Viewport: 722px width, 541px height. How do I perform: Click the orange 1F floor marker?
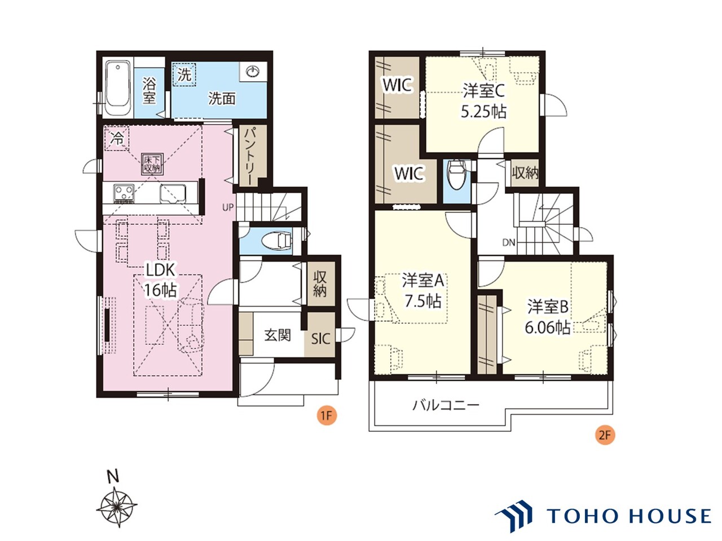coord(327,416)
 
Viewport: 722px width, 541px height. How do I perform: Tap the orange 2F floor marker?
coord(605,435)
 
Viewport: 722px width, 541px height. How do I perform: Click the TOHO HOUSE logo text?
coord(629,516)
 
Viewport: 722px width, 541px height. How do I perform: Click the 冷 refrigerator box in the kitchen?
coord(116,138)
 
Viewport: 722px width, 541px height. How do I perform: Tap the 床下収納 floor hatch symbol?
coord(152,163)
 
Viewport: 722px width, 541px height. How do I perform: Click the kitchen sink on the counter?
coord(173,193)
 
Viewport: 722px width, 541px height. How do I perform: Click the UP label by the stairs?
coord(228,207)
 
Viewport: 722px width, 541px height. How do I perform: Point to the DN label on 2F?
coord(509,243)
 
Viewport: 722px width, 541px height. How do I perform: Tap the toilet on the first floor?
coord(276,241)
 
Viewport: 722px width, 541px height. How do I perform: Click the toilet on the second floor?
coord(456,175)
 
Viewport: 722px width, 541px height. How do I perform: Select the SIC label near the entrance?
coord(320,339)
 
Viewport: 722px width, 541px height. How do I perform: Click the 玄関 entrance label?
coord(278,335)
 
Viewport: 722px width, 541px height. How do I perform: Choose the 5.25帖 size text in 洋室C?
coord(483,112)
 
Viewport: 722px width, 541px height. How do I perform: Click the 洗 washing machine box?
coord(184,74)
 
